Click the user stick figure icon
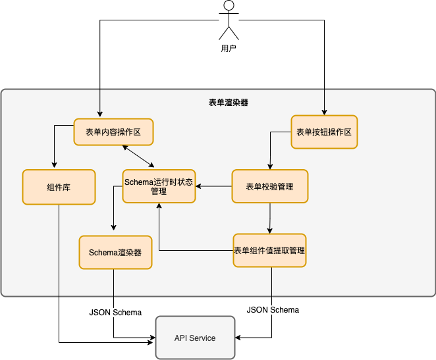[x=228, y=20]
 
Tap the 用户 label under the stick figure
[x=228, y=49]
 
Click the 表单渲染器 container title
[x=228, y=103]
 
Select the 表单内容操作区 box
[x=113, y=132]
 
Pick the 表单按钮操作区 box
[x=323, y=132]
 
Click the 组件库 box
[x=59, y=187]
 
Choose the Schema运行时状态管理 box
[x=159, y=187]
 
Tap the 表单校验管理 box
[x=269, y=187]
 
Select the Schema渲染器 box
[x=115, y=252]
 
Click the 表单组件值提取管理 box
[x=269, y=250]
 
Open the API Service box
[x=195, y=338]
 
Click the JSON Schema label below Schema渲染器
[x=115, y=312]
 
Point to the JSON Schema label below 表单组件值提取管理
[x=273, y=309]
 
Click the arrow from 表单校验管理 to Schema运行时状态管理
[x=213, y=187]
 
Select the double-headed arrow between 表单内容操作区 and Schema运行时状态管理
[x=138, y=157]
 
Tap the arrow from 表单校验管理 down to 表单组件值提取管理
[x=269, y=218]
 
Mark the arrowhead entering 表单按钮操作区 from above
[x=323, y=112]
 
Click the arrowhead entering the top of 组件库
[x=54, y=166]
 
